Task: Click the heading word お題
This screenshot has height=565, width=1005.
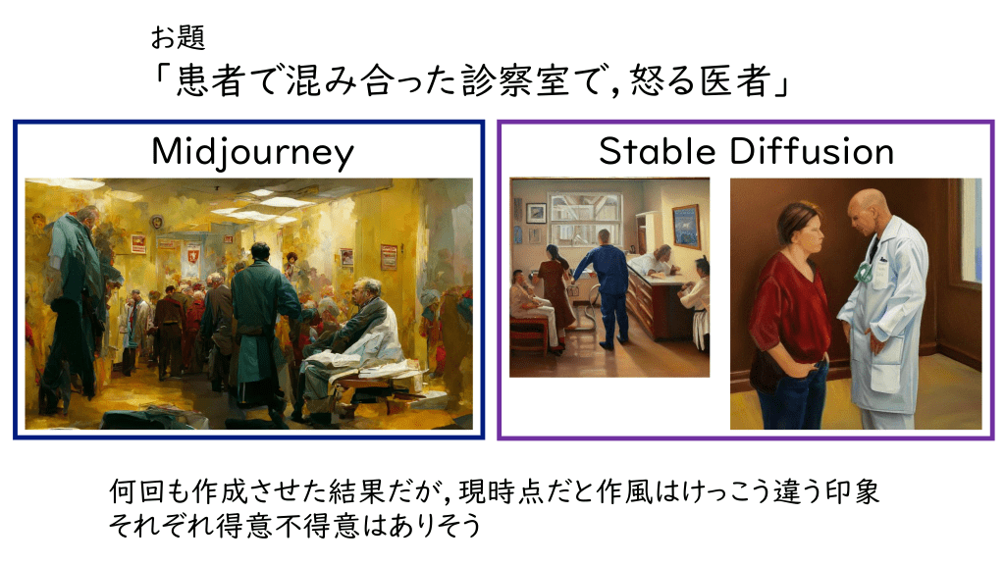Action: point(179,37)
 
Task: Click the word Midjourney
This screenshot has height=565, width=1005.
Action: point(252,152)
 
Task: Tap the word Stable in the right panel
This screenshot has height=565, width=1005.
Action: point(657,151)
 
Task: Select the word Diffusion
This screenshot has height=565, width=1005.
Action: point(812,151)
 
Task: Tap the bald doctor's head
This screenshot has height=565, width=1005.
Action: point(870,210)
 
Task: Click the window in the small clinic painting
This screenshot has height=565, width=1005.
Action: point(585,217)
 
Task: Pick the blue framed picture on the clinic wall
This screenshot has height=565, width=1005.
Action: point(686,227)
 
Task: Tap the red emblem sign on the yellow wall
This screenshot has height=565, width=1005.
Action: point(192,254)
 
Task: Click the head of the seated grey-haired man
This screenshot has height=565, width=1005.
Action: point(364,292)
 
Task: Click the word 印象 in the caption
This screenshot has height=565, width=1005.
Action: point(853,492)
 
